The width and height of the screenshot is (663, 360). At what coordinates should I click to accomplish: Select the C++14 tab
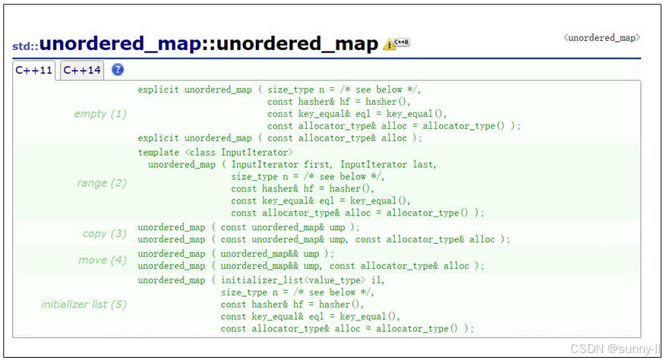(x=82, y=71)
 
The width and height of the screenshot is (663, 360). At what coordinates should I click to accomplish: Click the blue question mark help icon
(x=118, y=70)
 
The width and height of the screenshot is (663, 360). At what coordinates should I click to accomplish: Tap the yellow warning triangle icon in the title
(x=389, y=45)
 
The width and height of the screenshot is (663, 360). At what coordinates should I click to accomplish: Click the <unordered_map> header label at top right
(x=601, y=37)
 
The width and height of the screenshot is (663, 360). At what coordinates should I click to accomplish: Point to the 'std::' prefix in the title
(x=25, y=46)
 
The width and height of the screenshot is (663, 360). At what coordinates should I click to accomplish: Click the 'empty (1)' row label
(x=100, y=114)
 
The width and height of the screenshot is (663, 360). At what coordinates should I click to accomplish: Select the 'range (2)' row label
(x=102, y=183)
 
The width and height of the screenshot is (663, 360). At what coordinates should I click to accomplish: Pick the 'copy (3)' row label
(x=105, y=233)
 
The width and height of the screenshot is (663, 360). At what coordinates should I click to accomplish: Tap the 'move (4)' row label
(x=103, y=260)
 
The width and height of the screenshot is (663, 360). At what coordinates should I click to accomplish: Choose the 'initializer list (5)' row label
(x=84, y=305)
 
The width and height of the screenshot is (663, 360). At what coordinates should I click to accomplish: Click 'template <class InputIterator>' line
(x=215, y=153)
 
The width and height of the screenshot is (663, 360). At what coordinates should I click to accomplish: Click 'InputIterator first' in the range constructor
(x=280, y=165)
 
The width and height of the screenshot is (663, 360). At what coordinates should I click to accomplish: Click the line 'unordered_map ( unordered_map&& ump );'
(x=235, y=254)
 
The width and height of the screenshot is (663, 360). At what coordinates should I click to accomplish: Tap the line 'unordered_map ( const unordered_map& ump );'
(x=248, y=227)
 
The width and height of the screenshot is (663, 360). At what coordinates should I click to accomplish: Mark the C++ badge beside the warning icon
(x=403, y=43)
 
